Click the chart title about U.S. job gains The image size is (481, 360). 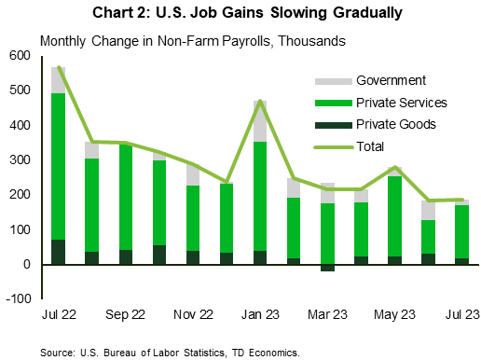[240, 13]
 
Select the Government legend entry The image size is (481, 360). [385, 80]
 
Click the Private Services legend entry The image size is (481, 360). [400, 102]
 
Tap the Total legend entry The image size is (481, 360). [372, 145]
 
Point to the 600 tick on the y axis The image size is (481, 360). [20, 55]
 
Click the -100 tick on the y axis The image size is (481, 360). [18, 299]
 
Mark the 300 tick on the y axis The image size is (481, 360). [20, 160]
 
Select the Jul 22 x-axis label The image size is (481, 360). [59, 315]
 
